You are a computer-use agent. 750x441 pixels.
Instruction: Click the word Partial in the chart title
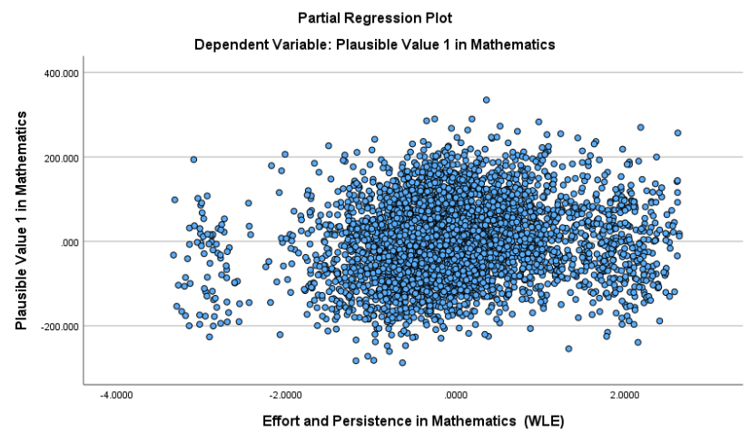319,17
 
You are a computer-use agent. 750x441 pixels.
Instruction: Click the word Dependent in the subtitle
228,44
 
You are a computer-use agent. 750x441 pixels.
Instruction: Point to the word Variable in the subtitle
299,44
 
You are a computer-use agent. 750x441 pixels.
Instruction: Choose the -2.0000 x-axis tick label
285,396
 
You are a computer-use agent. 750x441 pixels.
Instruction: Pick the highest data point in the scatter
486,100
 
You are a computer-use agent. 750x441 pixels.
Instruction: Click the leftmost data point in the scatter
173,255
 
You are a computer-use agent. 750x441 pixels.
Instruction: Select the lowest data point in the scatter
402,362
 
